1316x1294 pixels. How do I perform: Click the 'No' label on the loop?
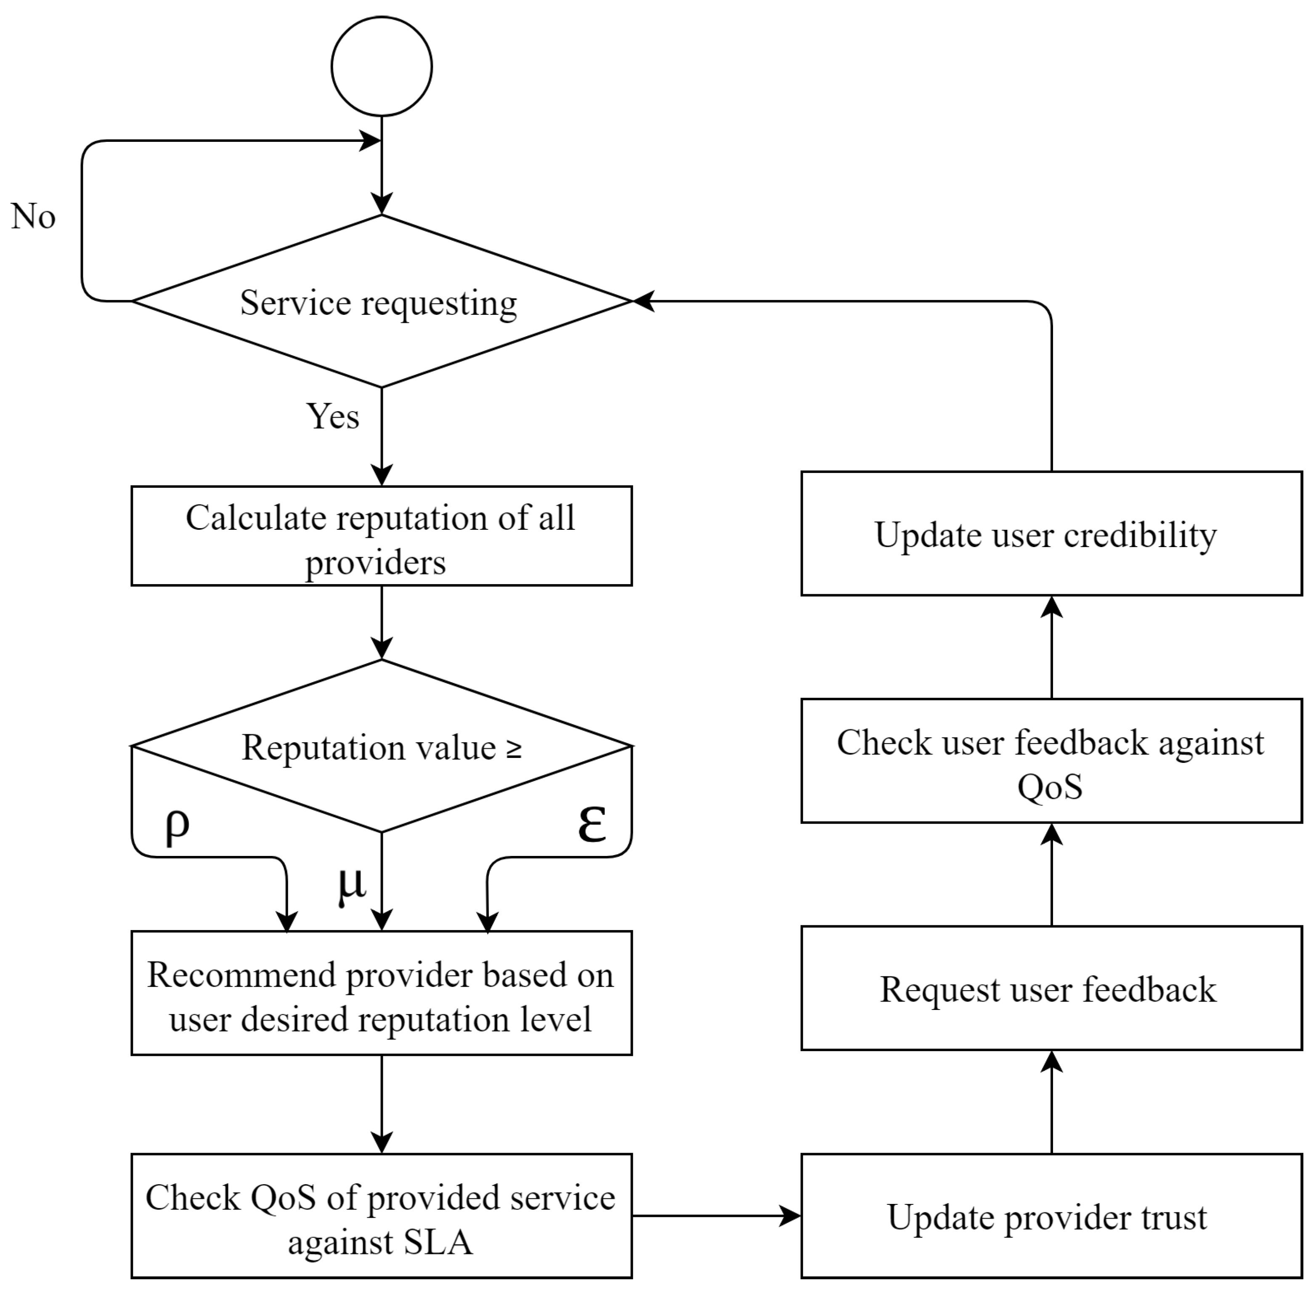pyautogui.click(x=33, y=216)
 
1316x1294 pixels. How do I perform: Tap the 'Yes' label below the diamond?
pyautogui.click(x=332, y=416)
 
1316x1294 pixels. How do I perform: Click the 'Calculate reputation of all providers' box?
pyautogui.click(x=381, y=536)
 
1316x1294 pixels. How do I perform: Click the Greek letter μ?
pyautogui.click(x=351, y=885)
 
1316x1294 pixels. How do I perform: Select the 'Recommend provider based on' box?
pyautogui.click(x=381, y=993)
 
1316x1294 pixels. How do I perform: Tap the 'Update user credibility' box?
pyautogui.click(x=1051, y=534)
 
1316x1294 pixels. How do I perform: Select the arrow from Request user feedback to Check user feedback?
pyautogui.click(x=1051, y=877)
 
